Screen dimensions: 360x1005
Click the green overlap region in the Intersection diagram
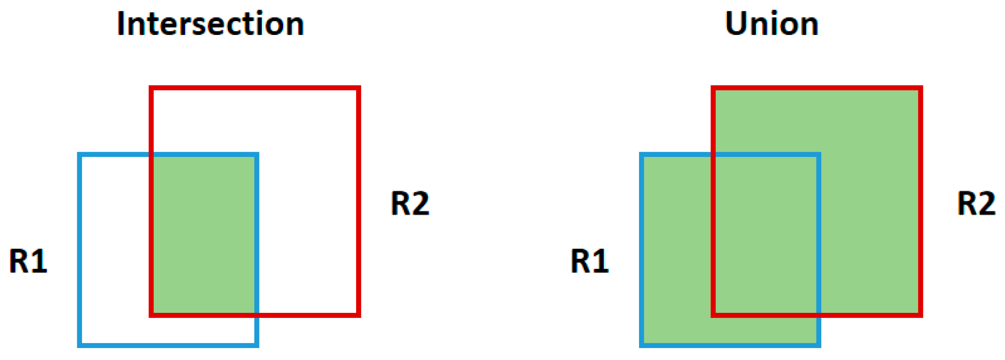coord(204,234)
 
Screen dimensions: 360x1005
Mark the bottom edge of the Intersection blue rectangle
coord(168,345)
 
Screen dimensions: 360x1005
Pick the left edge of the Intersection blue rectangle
coord(79,250)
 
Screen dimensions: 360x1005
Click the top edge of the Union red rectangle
coord(816,88)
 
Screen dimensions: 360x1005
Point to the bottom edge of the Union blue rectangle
coord(730,345)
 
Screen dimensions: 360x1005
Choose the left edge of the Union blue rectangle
coord(641,250)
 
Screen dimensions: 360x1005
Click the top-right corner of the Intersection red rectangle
coord(358,88)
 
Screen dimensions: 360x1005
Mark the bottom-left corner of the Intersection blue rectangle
coord(79,345)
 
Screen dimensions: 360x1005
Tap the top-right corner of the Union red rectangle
coord(920,88)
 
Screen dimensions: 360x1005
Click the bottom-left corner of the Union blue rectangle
coord(641,345)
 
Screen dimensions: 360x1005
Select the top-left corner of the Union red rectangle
coord(713,88)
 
